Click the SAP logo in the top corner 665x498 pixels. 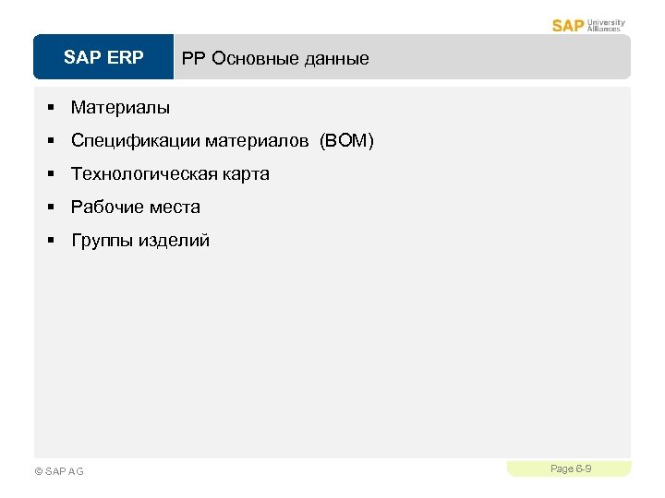tap(568, 25)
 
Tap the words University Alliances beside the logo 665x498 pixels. tap(605, 25)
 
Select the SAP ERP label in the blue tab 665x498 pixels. tap(103, 58)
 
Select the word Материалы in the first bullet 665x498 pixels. tap(120, 108)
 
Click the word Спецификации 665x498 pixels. tap(135, 141)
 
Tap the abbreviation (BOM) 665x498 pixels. tap(346, 141)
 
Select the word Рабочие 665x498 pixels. tap(103, 207)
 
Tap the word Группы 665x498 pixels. tap(102, 241)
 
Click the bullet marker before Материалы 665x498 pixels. tap(54, 109)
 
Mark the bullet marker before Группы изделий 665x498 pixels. tap(54, 241)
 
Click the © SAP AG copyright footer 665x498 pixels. tap(58, 471)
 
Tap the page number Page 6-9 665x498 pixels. tap(571, 469)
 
